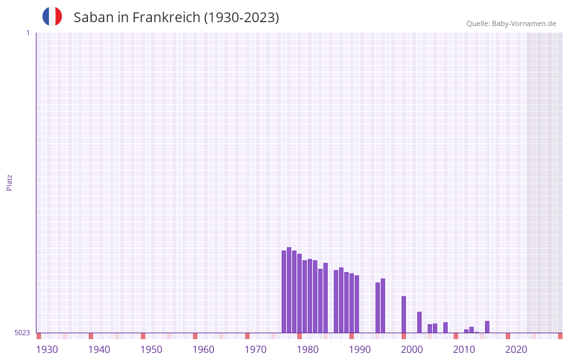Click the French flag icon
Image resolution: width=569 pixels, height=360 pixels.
(52, 16)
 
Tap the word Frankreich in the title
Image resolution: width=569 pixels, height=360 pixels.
(166, 18)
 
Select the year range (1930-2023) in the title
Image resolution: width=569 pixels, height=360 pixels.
(242, 18)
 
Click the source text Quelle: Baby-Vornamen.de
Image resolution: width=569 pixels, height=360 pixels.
(511, 23)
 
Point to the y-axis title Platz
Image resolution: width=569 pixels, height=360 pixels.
(9, 182)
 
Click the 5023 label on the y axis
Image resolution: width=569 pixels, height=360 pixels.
(22, 333)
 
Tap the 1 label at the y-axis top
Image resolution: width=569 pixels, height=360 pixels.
(28, 33)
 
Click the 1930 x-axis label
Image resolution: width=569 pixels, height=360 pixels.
(47, 350)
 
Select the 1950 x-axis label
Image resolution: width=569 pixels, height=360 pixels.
(151, 350)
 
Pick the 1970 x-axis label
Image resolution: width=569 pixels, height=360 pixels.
(255, 350)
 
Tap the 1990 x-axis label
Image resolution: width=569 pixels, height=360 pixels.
(360, 350)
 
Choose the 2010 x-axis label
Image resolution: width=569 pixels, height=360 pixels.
(464, 350)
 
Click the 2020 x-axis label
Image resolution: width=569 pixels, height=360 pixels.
(516, 350)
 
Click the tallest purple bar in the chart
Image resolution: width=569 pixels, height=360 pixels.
(289, 290)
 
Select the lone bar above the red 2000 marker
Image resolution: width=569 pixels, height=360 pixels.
(403, 314)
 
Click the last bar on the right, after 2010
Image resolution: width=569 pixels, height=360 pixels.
(487, 326)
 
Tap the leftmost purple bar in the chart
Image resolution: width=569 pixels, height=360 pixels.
(284, 292)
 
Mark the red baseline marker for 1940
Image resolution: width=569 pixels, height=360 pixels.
(91, 336)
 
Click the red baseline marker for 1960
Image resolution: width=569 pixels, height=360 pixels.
(195, 336)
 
